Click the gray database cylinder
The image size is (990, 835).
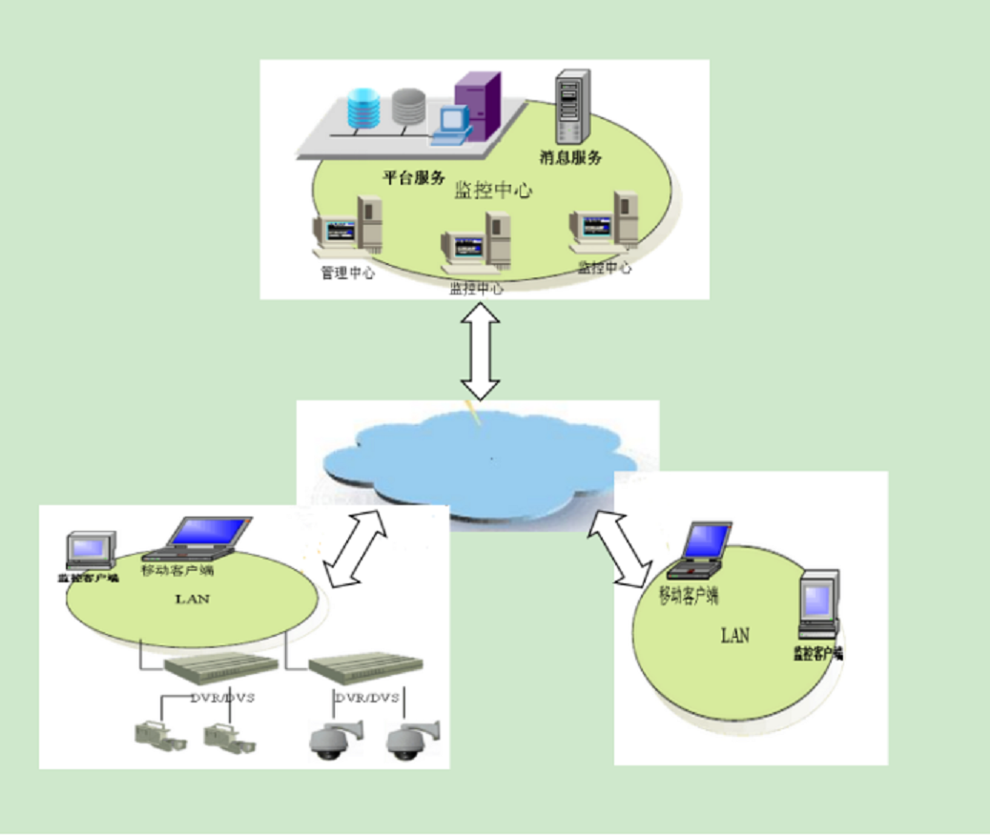407,106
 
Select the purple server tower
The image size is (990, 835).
478,101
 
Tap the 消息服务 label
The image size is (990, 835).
571,158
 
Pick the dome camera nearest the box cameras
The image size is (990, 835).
328,740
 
